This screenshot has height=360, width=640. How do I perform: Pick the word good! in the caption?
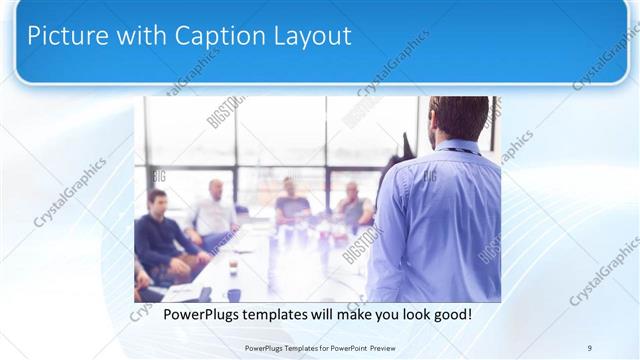point(451,315)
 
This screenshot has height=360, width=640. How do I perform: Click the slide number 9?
point(589,347)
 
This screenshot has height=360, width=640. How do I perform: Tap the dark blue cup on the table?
point(234,294)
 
